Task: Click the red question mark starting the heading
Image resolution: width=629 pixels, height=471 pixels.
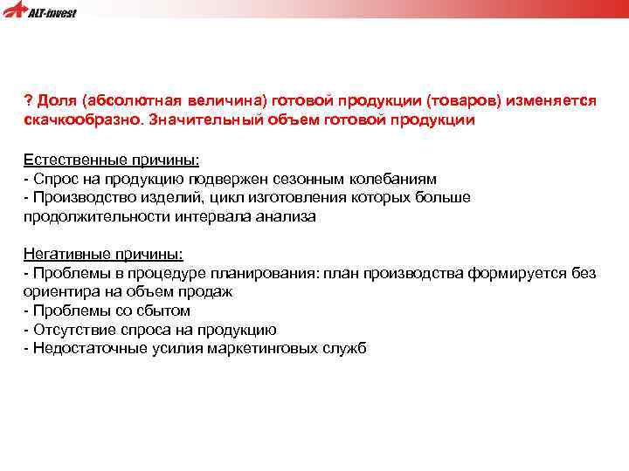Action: point(28,101)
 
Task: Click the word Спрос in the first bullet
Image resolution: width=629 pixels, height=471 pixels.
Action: point(52,179)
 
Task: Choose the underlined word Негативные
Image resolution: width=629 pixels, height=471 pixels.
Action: point(65,254)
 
